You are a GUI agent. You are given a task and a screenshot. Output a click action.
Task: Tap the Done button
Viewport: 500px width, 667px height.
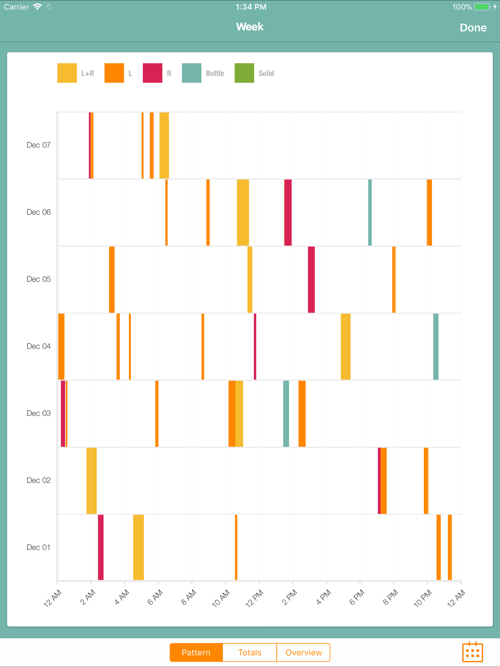click(473, 28)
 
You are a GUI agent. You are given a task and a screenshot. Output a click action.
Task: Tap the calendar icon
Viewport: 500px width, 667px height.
click(472, 652)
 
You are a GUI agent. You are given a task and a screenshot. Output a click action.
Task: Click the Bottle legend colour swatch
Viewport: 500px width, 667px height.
click(191, 73)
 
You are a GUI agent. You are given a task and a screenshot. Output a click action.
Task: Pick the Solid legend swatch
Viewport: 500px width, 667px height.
click(244, 73)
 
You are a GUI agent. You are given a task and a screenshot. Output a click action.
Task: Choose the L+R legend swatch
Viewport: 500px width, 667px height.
click(67, 73)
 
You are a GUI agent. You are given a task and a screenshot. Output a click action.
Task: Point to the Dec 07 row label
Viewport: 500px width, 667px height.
click(39, 145)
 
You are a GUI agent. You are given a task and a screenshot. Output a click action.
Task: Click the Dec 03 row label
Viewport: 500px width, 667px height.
click(39, 413)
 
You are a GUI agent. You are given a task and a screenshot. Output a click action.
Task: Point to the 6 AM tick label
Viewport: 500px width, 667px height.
click(155, 597)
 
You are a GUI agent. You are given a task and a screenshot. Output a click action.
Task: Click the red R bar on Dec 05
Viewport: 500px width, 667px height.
click(311, 280)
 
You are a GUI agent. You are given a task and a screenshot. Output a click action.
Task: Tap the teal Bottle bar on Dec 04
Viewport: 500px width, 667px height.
click(436, 346)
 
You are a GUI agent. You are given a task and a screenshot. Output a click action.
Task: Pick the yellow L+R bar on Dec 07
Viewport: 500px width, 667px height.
click(164, 145)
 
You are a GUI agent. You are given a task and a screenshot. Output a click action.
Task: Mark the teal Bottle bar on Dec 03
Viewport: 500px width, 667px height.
click(286, 413)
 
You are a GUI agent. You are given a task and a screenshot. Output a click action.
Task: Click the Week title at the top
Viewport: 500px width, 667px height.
click(250, 27)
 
